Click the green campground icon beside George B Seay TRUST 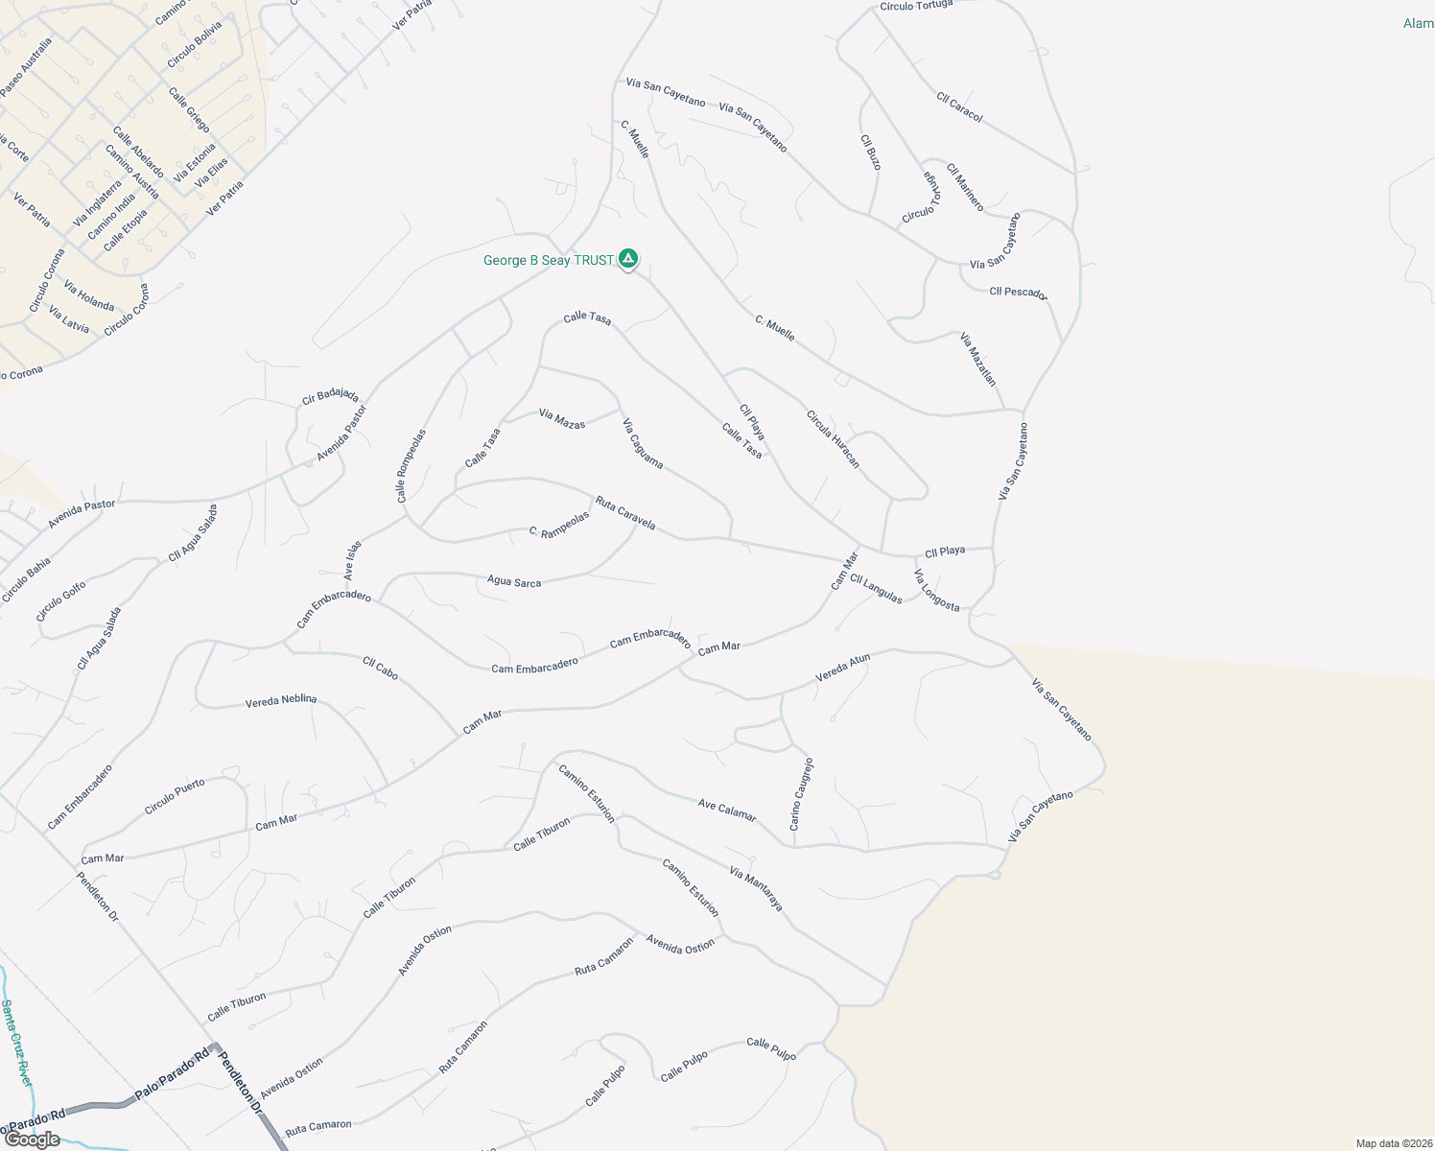(628, 259)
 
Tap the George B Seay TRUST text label (548, 260)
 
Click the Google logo (33, 1139)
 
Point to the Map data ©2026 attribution (1392, 1143)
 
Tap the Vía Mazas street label (562, 419)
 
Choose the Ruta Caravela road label (625, 513)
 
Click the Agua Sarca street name (514, 581)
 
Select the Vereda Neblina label (281, 700)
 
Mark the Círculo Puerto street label (175, 797)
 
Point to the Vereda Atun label (843, 668)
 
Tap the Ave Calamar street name (727, 810)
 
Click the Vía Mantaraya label (756, 889)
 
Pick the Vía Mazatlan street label (978, 359)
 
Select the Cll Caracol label (959, 106)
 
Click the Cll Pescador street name (1019, 293)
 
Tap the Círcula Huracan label (833, 439)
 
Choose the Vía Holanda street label (89, 295)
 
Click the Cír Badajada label (330, 395)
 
